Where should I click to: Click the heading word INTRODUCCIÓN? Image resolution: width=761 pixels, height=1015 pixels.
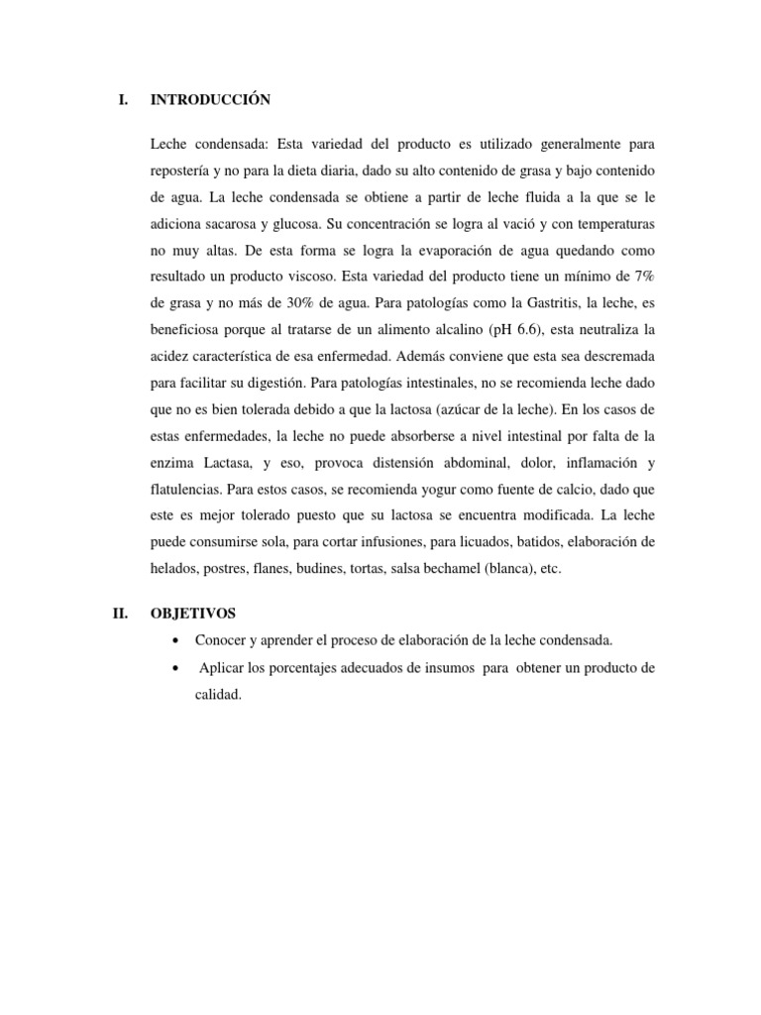tap(210, 99)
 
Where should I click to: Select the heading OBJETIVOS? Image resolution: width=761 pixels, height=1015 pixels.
tap(193, 615)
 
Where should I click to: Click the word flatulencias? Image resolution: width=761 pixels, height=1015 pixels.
tap(185, 490)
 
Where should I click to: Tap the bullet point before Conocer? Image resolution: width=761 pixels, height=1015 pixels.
tap(176, 640)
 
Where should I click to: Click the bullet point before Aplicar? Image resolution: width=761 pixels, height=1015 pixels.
tap(176, 668)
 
